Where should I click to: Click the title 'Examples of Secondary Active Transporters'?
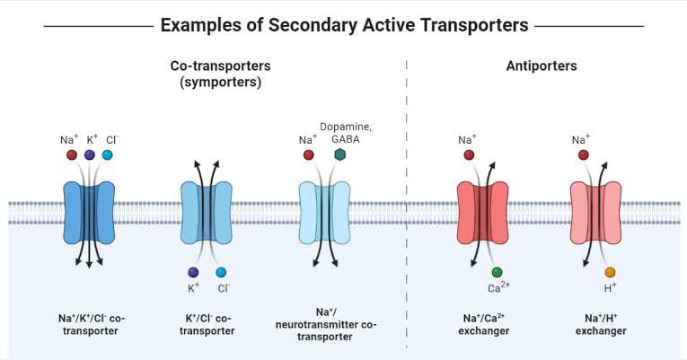point(344,25)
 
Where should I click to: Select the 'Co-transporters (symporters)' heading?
point(220,74)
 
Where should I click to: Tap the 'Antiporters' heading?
point(541,66)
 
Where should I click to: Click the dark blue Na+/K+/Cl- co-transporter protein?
point(90,212)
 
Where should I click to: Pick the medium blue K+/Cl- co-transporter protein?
point(207,212)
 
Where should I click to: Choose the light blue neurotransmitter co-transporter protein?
point(323,212)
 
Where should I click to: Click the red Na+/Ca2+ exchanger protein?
point(482,212)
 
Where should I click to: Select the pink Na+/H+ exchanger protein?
point(596,212)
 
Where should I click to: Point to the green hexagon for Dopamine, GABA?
point(339,155)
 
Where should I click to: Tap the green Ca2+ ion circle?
point(497,272)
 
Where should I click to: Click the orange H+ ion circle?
point(610,272)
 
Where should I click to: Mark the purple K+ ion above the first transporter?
point(90,155)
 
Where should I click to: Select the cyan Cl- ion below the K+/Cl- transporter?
point(221,272)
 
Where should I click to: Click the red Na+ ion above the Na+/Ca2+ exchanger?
point(469,155)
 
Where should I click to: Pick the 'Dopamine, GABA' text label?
point(346,133)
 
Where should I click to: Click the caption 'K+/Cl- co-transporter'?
point(207,324)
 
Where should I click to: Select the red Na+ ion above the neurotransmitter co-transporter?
point(309,155)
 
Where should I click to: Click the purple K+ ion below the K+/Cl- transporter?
point(193,272)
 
